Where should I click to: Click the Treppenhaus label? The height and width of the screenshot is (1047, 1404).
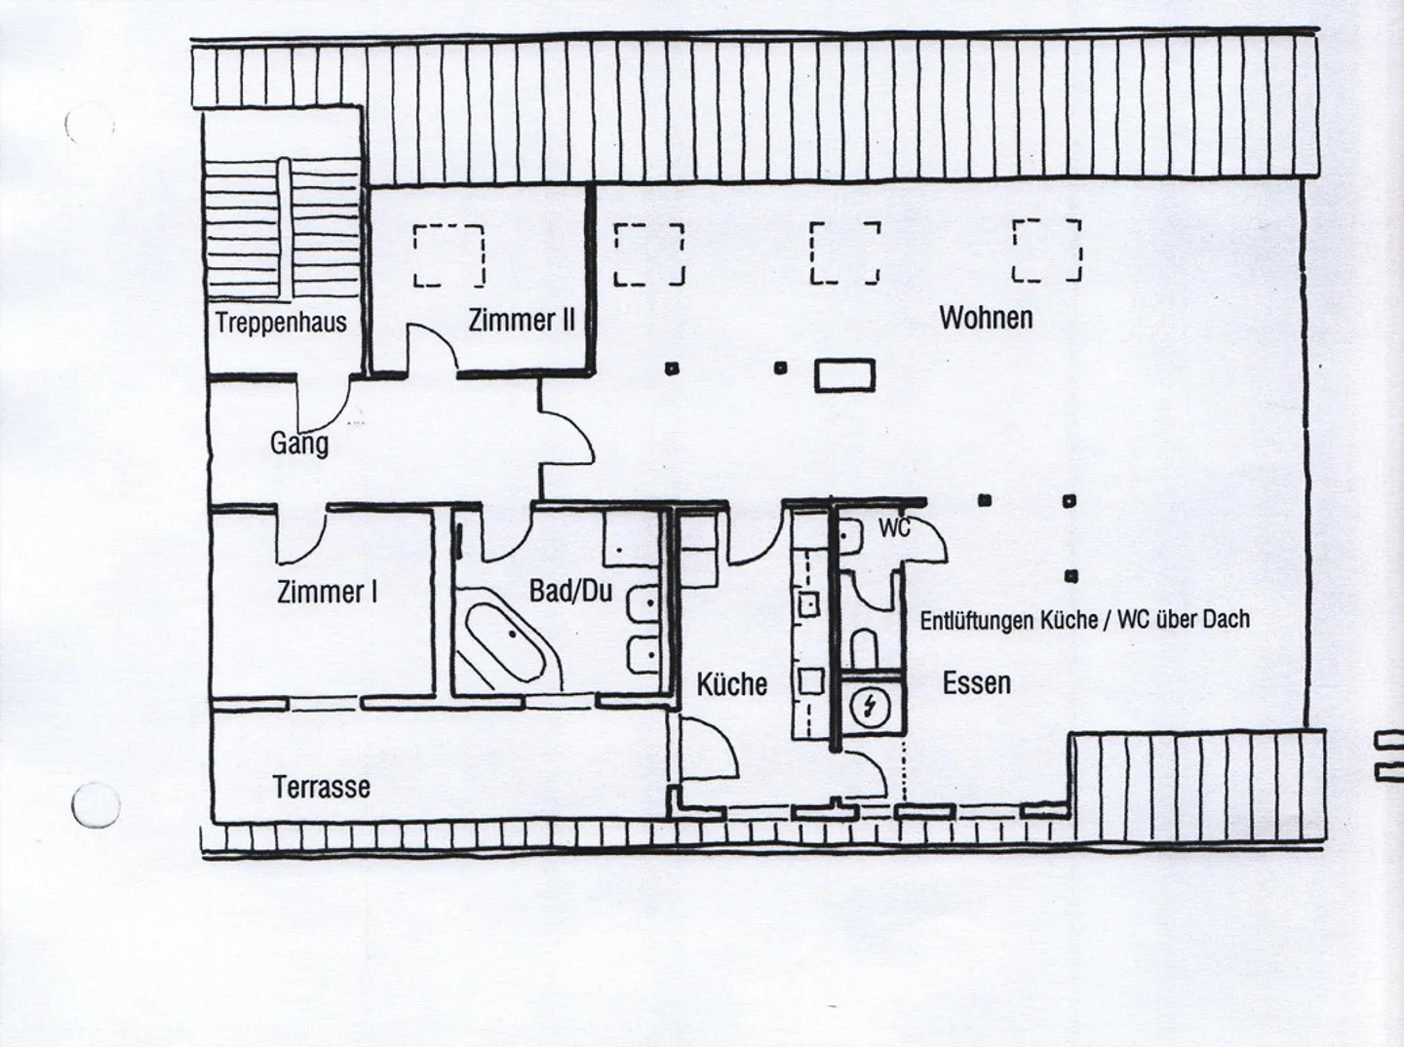(281, 323)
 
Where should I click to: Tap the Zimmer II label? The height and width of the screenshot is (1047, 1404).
(522, 320)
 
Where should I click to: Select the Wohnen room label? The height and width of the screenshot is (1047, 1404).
(986, 318)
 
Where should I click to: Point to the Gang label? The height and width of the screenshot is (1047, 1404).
(298, 444)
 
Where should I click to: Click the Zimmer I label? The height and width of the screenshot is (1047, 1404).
(328, 592)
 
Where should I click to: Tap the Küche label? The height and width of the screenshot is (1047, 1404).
(731, 684)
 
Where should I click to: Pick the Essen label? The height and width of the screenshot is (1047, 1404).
(976, 682)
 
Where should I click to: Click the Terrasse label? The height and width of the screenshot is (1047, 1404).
(322, 787)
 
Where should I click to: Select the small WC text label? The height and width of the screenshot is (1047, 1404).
(894, 528)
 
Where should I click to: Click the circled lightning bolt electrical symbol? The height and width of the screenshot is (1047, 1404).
(866, 708)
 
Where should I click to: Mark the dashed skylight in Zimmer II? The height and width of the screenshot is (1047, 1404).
(449, 255)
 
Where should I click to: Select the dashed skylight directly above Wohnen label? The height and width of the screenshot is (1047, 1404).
(1048, 251)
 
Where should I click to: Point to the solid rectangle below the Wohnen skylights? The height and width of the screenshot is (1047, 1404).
(844, 375)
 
